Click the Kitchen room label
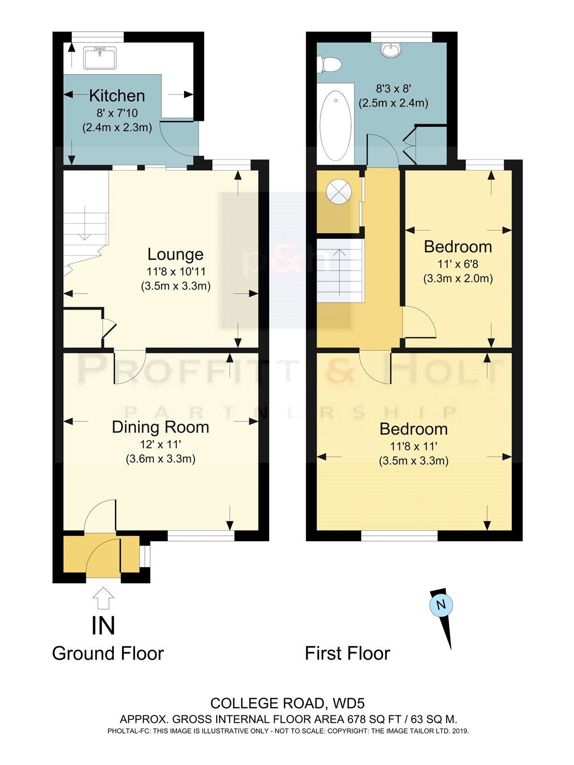[x=117, y=96]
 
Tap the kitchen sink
[x=100, y=58]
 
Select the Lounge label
[x=175, y=254]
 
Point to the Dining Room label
[x=160, y=427]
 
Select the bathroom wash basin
[x=391, y=50]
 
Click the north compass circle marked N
[x=441, y=605]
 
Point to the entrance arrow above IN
[x=103, y=598]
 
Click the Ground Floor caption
[x=108, y=654]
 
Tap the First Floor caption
[x=347, y=654]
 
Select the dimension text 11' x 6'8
[x=458, y=264]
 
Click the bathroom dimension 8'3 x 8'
[x=393, y=88]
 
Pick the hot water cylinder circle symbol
[x=338, y=191]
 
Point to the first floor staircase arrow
[x=340, y=272]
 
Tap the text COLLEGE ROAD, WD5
[x=287, y=704]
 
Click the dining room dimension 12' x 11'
[x=160, y=444]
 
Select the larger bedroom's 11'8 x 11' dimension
[x=414, y=446]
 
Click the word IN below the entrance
[x=103, y=626]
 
